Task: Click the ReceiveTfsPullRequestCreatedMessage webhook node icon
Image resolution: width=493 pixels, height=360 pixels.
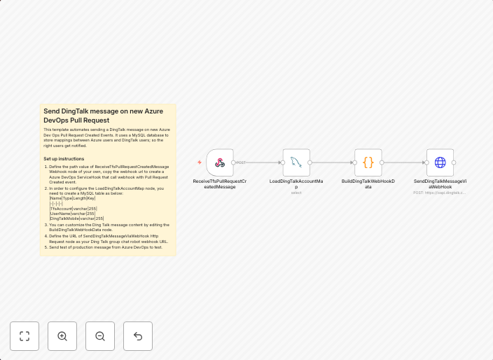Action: pos(220,162)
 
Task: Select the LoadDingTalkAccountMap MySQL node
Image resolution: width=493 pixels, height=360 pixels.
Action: pos(296,162)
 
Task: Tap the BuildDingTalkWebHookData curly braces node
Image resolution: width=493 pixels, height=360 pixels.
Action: pos(368,162)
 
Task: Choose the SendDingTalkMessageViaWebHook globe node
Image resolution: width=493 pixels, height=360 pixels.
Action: pos(440,162)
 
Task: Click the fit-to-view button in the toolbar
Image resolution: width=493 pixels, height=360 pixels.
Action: pos(25,336)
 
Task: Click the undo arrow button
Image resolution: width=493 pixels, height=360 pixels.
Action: pos(138,336)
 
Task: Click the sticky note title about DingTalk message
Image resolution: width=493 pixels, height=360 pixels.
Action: pos(103,116)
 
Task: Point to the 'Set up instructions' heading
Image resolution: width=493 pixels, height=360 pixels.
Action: pos(64,158)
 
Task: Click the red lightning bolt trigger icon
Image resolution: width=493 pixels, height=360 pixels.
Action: pos(200,162)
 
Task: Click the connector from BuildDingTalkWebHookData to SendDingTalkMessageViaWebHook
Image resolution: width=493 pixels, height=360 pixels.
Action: pos(404,162)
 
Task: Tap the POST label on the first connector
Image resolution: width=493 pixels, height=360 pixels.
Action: pos(241,162)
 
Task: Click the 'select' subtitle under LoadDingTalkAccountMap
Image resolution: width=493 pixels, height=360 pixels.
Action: pos(296,193)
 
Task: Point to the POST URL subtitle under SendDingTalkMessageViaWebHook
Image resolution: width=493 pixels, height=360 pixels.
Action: pos(439,193)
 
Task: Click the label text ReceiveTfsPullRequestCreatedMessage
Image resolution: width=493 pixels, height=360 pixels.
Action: pos(220,184)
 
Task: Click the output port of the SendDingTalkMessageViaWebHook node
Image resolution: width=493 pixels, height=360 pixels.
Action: pos(454,162)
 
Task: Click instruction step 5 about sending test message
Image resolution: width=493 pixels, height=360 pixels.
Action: pos(105,247)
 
